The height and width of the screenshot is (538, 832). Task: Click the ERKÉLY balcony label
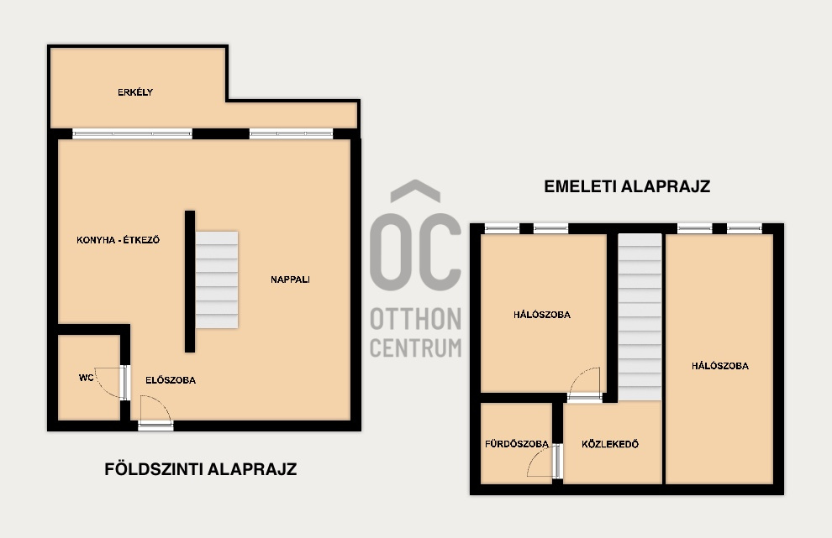point(135,92)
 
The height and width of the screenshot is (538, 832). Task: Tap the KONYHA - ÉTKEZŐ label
point(118,239)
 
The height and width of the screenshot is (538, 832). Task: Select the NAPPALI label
point(290,279)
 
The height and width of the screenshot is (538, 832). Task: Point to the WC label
point(86,378)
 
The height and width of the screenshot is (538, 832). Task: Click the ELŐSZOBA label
point(171,380)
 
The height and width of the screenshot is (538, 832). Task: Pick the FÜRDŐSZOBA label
point(517,444)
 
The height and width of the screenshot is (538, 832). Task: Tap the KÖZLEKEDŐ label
point(610,444)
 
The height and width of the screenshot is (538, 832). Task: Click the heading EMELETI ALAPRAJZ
point(627,186)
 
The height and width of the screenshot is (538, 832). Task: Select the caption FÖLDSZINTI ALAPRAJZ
point(201,469)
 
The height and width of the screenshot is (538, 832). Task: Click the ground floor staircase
point(217,279)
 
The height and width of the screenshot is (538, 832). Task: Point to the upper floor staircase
point(640,317)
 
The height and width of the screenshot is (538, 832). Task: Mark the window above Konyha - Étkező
point(132,133)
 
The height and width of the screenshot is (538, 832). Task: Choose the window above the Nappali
point(292,133)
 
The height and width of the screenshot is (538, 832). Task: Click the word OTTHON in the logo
point(415,319)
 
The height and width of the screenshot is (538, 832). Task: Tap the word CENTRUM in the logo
point(415,348)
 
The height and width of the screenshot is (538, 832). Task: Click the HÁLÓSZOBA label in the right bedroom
point(720,366)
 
